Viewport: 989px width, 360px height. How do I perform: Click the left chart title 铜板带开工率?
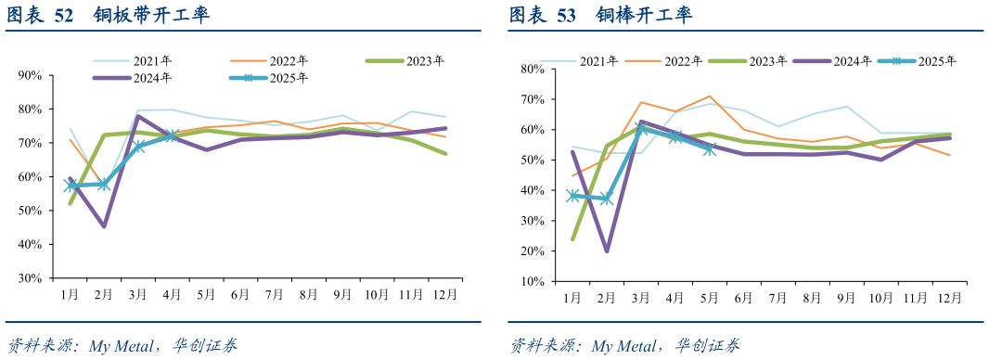click(x=151, y=16)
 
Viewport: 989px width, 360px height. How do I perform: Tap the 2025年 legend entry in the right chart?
click(x=936, y=61)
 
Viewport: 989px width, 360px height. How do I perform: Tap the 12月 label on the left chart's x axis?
click(x=445, y=294)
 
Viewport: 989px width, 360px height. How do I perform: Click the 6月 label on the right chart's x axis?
click(x=743, y=298)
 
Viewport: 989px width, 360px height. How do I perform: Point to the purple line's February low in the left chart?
click(x=104, y=225)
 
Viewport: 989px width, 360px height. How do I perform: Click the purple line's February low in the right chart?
click(x=607, y=251)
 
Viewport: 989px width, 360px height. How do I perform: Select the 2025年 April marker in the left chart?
click(x=172, y=136)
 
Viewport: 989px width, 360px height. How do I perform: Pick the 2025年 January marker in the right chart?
click(x=573, y=196)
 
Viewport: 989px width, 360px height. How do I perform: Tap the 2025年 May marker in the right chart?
click(x=710, y=149)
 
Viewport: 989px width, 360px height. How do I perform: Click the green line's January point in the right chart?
click(x=573, y=238)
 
